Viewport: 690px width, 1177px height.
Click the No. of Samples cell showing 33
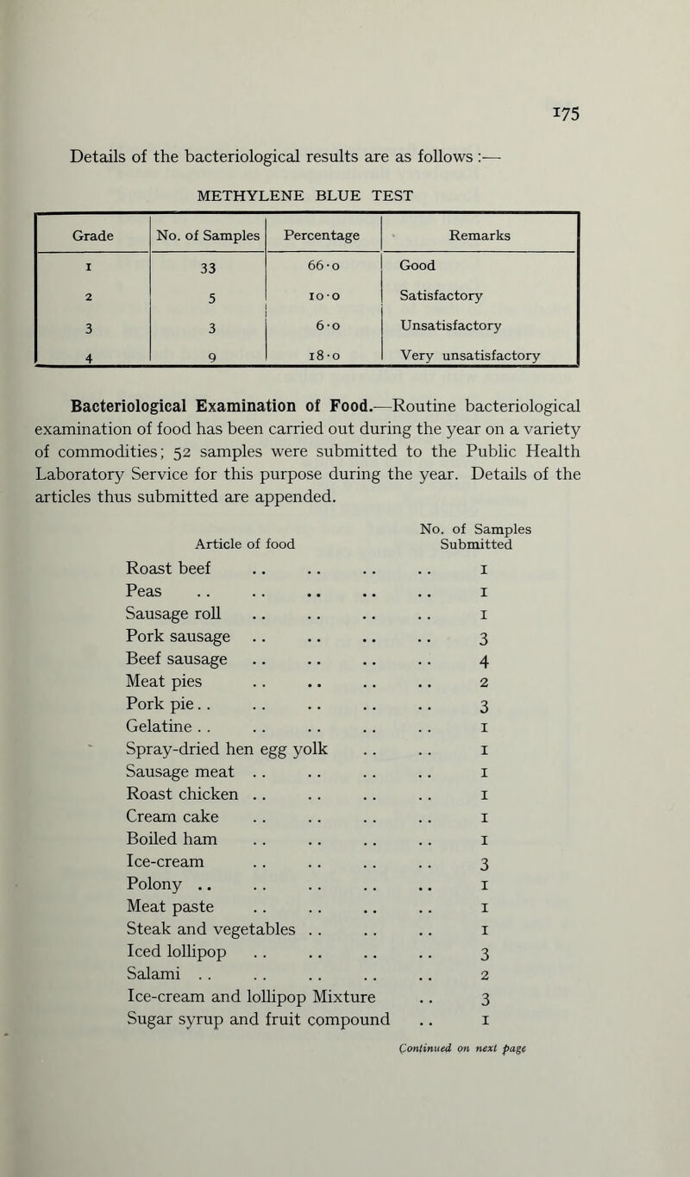[x=205, y=269]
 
